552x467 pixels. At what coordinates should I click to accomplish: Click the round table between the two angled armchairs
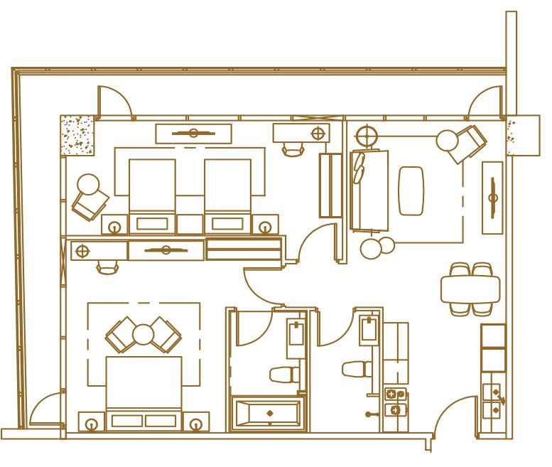(144, 334)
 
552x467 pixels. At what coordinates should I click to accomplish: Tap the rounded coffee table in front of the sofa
(411, 190)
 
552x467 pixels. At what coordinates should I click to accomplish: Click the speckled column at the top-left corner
(77, 135)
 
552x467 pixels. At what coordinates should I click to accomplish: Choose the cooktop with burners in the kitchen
(395, 402)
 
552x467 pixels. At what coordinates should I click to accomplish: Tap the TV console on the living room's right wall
(492, 198)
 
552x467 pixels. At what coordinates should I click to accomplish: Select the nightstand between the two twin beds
(190, 224)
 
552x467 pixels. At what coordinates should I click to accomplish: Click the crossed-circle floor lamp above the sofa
(365, 134)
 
